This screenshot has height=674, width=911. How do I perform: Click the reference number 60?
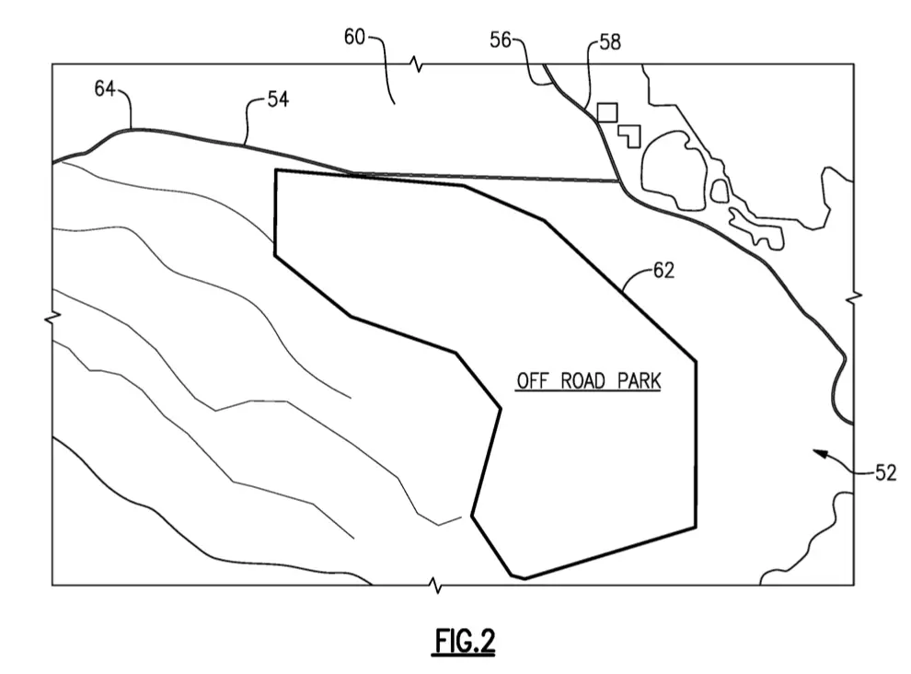point(354,37)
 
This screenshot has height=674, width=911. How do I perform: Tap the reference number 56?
point(501,41)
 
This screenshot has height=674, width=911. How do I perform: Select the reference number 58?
point(610,41)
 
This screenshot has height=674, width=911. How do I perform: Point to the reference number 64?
point(105,88)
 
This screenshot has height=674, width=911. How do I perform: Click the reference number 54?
point(278,99)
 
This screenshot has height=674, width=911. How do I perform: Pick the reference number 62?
point(664,271)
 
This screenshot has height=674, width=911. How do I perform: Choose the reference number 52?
point(886,472)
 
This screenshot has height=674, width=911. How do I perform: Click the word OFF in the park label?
point(533,381)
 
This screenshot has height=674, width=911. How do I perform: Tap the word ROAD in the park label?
point(583,381)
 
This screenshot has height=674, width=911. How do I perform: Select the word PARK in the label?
point(640,381)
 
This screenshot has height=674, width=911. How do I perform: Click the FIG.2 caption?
point(465,642)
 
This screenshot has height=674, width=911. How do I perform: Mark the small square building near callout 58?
point(607,112)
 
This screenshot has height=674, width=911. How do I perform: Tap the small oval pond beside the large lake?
point(720,191)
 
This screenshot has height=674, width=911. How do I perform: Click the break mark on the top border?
point(417,64)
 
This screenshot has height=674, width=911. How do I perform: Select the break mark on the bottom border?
point(435,585)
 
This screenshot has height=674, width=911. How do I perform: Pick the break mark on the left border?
point(52,318)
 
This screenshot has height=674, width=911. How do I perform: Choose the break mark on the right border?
point(854,297)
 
